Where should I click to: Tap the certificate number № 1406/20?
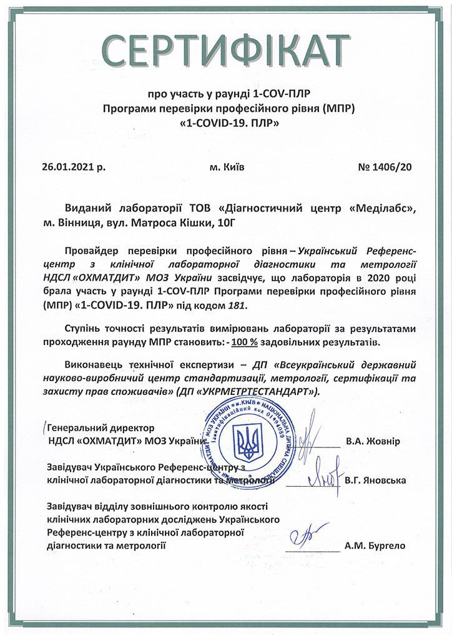[385, 167]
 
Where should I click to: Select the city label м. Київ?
[227, 167]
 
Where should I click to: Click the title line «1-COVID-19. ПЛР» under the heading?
[229, 124]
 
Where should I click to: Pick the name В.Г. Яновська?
[375, 481]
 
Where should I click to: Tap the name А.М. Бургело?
[375, 545]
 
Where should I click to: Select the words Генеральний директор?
[100, 429]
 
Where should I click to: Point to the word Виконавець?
[91, 364]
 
